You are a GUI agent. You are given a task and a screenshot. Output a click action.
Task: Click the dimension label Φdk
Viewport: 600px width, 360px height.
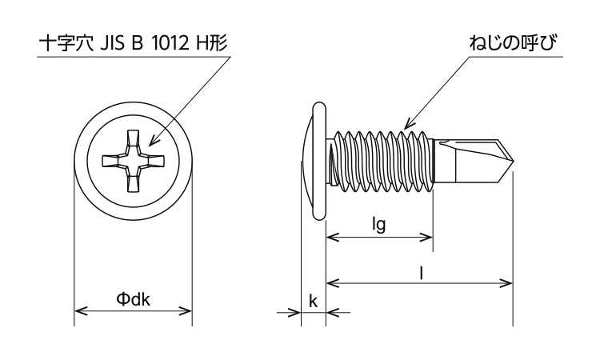click(133, 299)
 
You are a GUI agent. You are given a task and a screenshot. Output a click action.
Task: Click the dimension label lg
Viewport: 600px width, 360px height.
click(379, 226)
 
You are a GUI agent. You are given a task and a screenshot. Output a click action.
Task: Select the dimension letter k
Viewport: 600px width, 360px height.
click(313, 301)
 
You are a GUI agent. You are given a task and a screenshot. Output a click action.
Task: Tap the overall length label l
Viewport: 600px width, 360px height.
click(422, 273)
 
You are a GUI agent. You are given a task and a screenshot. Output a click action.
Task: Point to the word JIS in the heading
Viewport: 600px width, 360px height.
click(113, 44)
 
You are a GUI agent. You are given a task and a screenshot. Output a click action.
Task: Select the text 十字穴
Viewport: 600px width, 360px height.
click(67, 43)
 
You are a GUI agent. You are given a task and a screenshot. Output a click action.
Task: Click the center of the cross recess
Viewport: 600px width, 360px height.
click(133, 161)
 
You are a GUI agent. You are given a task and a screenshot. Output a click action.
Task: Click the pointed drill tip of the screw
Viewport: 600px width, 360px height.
click(513, 161)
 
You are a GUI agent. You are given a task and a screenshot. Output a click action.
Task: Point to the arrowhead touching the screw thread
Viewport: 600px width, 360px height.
click(409, 123)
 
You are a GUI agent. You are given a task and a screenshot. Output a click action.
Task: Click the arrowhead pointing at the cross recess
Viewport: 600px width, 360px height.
click(154, 141)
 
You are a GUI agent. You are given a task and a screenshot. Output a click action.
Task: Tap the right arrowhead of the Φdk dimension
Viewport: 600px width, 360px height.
click(186, 310)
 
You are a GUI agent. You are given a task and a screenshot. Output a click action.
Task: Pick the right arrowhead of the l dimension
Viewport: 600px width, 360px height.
click(506, 283)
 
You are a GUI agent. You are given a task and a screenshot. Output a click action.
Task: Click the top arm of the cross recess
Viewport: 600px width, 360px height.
click(133, 139)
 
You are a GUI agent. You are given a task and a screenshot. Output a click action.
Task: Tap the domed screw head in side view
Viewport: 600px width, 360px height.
click(314, 161)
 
